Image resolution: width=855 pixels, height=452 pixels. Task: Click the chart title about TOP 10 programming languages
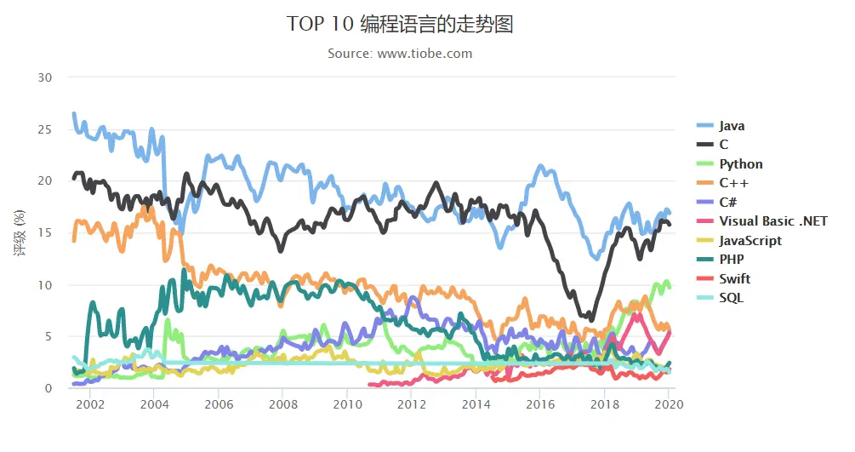pyautogui.click(x=400, y=24)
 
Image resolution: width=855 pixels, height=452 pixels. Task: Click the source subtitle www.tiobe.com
pyautogui.click(x=400, y=54)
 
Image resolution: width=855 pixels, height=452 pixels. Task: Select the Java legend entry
pyautogui.click(x=731, y=126)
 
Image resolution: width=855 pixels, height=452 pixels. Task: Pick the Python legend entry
pyautogui.click(x=740, y=164)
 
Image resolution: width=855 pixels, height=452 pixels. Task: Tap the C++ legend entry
pyautogui.click(x=733, y=183)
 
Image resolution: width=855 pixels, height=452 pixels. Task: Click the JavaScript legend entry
pyautogui.click(x=750, y=241)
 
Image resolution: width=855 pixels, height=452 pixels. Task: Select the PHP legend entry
pyautogui.click(x=731, y=260)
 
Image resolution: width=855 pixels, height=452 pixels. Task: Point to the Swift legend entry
pyautogui.click(x=734, y=279)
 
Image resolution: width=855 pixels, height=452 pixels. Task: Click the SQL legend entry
pyautogui.click(x=731, y=298)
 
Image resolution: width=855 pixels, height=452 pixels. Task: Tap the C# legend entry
pyautogui.click(x=727, y=203)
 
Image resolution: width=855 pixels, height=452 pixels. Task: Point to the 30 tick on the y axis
pyautogui.click(x=45, y=77)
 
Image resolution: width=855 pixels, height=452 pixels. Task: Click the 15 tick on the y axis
pyautogui.click(x=45, y=233)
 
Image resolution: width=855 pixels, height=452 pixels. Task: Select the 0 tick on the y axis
pyautogui.click(x=48, y=388)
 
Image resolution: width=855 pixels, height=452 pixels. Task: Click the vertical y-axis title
pyautogui.click(x=20, y=232)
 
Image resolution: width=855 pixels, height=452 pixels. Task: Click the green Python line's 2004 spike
pyautogui.click(x=167, y=321)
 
